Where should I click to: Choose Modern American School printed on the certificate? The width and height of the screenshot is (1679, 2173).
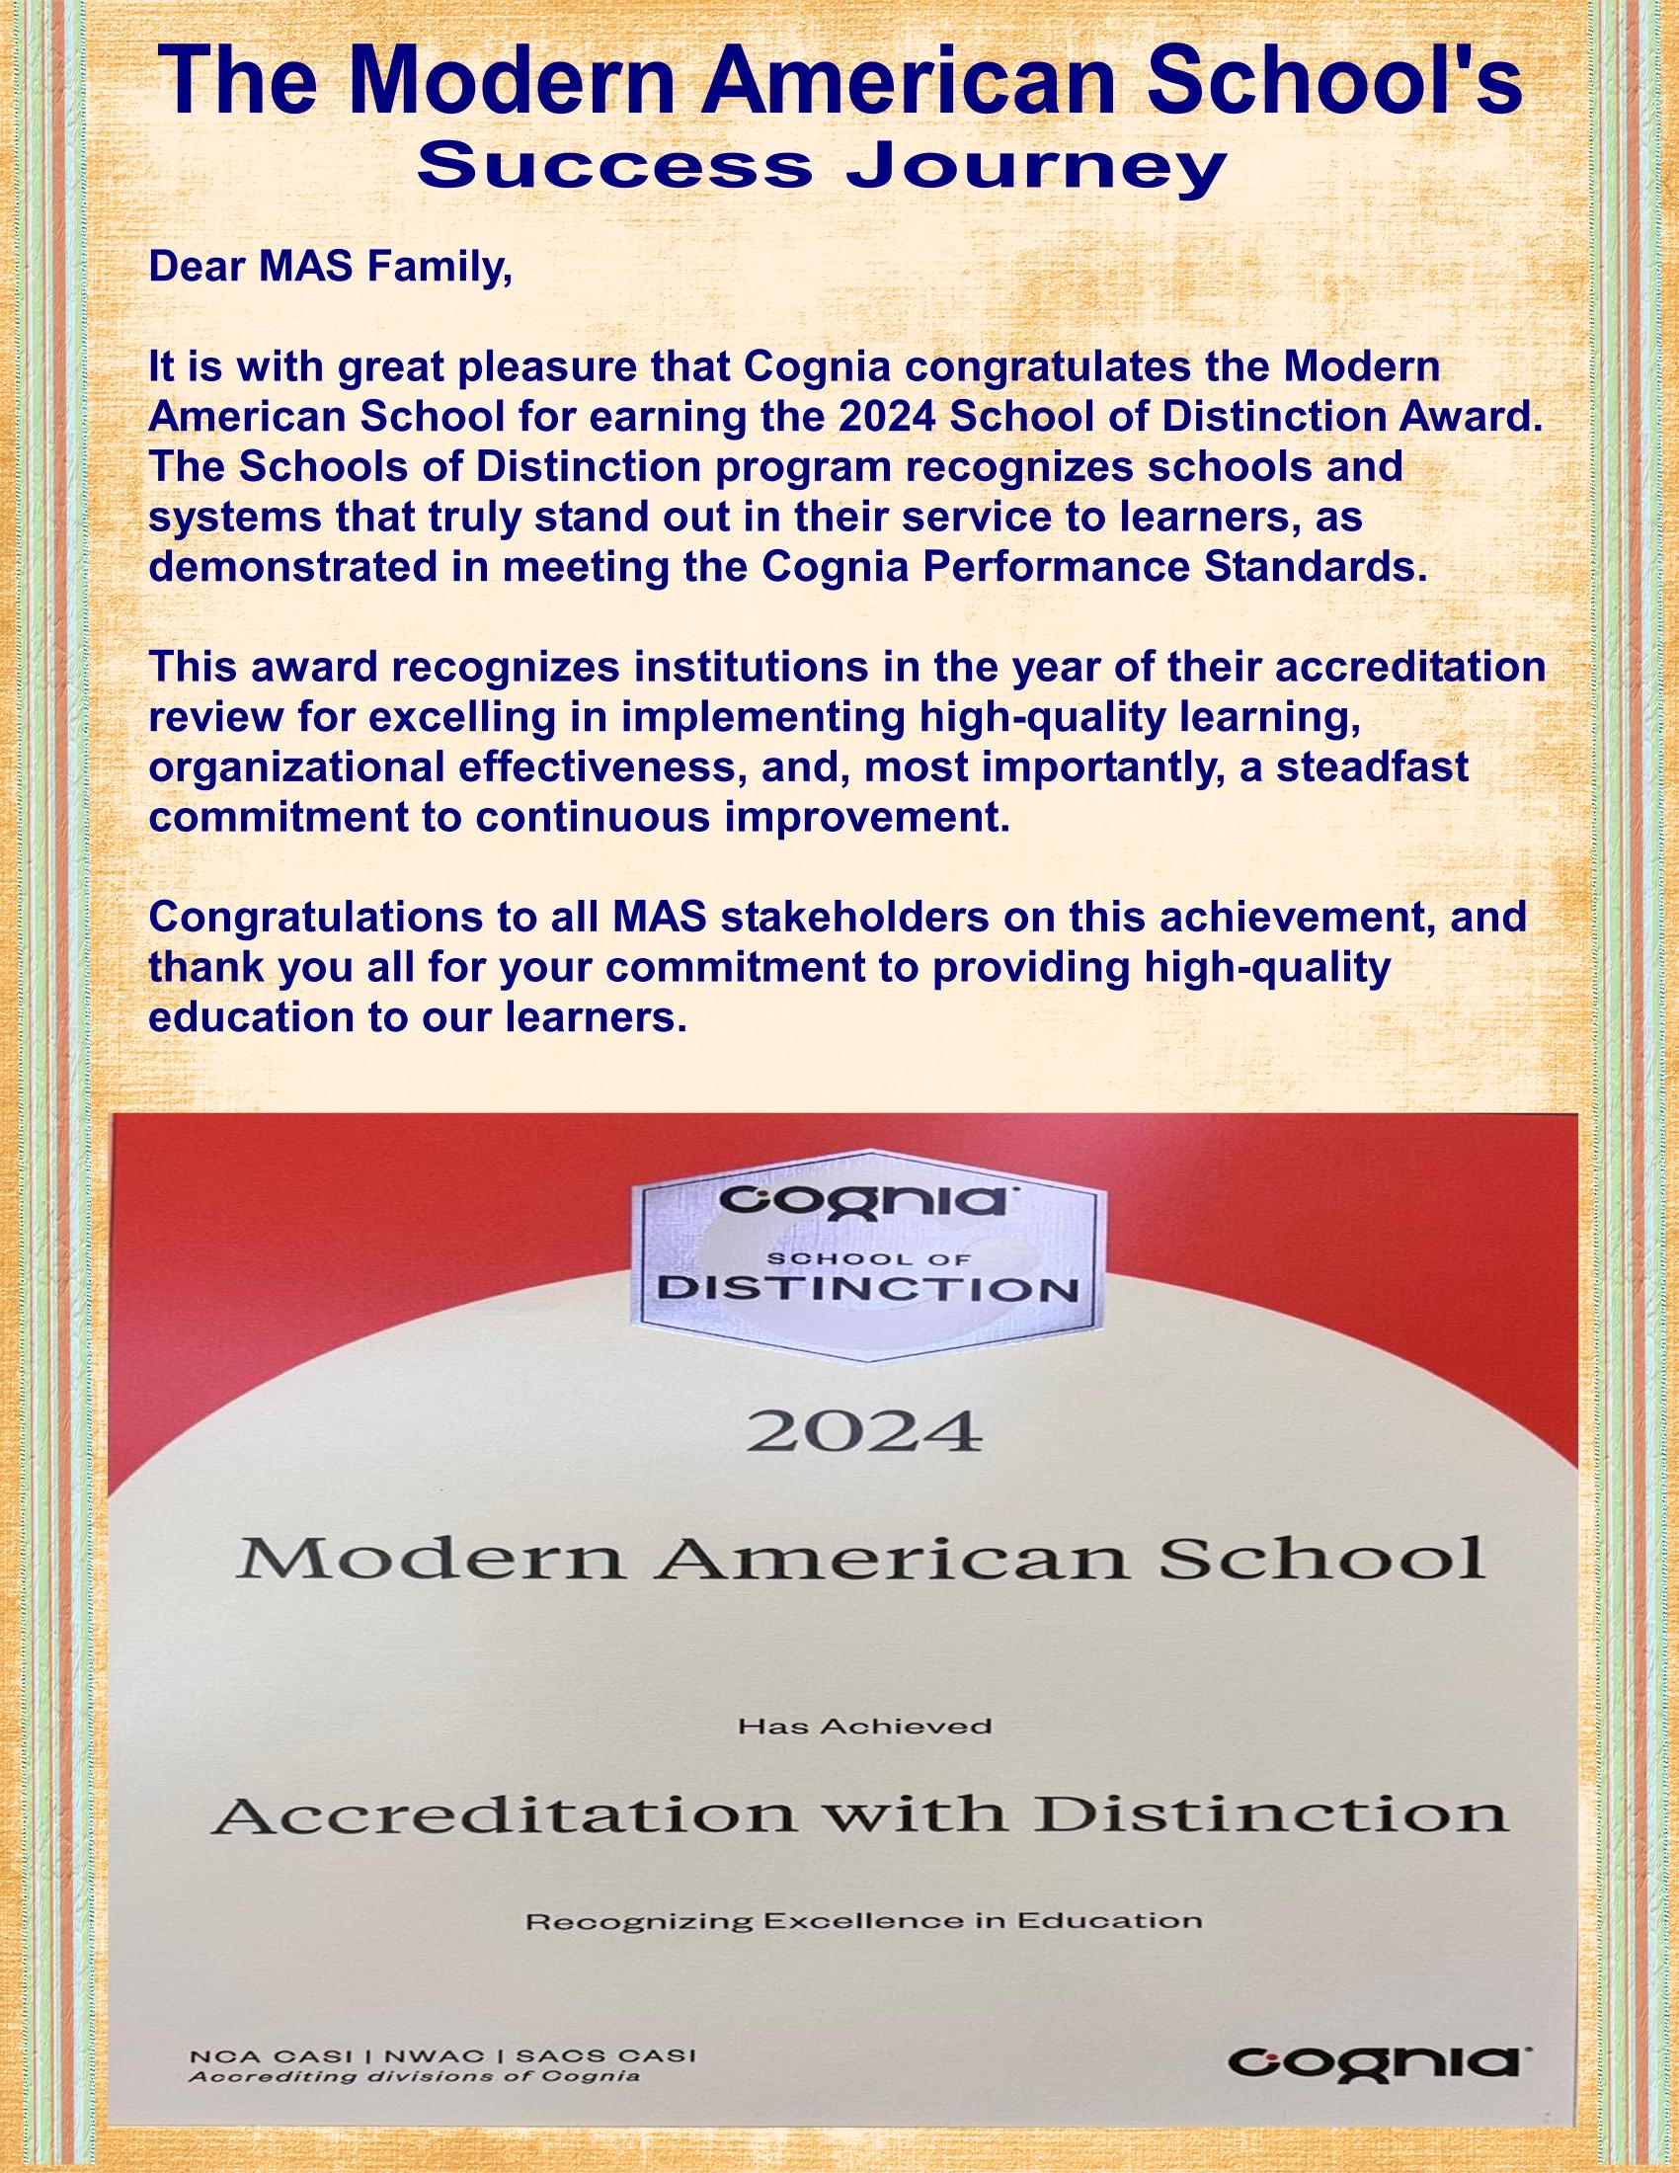pos(861,1563)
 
